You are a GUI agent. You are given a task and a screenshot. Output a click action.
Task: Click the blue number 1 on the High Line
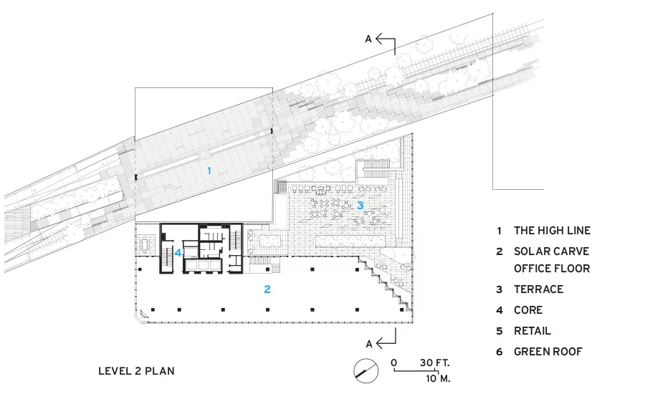(x=209, y=170)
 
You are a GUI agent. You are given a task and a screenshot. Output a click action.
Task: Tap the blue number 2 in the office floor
(x=267, y=289)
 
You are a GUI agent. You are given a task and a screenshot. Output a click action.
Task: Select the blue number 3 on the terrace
(x=360, y=205)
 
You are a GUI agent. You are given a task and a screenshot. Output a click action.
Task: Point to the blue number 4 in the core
(x=178, y=253)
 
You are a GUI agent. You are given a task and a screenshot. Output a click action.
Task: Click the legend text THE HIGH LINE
(x=552, y=231)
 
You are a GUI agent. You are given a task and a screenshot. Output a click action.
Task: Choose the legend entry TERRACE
(x=538, y=289)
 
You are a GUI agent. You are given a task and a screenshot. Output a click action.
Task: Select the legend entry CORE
(x=528, y=310)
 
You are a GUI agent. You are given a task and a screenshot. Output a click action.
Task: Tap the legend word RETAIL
(x=532, y=331)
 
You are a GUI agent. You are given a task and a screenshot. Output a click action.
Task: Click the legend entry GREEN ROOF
(x=548, y=352)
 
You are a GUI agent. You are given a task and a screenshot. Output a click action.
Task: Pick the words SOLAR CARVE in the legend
(x=551, y=251)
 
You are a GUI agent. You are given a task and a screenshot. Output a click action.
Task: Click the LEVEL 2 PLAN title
(x=136, y=371)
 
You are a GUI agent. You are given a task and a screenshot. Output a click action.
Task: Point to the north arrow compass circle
(x=365, y=371)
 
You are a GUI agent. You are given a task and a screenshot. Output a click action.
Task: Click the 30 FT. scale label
(x=435, y=362)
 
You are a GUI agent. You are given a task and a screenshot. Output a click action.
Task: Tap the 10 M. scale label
(x=438, y=378)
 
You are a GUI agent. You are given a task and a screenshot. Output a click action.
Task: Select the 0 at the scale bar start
(x=394, y=362)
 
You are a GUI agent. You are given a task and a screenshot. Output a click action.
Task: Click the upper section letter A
(x=368, y=39)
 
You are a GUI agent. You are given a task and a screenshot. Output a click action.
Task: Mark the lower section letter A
(x=369, y=344)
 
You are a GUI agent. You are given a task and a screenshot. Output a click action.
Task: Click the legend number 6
(x=500, y=352)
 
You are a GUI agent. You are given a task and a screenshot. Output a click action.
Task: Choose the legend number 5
(x=500, y=331)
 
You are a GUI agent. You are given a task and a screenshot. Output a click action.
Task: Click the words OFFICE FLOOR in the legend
(x=552, y=269)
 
